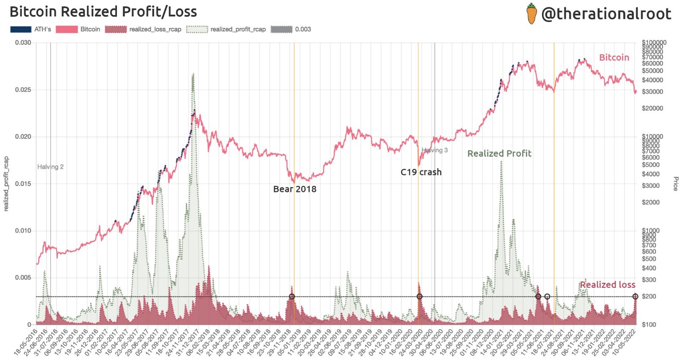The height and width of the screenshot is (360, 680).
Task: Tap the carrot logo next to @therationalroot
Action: coord(531,14)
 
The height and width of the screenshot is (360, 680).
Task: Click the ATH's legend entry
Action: coord(27,29)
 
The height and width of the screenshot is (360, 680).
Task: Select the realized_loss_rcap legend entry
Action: coord(143,29)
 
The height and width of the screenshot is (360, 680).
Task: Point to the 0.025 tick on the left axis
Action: coord(22,90)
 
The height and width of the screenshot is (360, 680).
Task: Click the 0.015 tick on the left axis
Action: coord(22,184)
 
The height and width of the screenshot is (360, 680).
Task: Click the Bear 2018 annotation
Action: coord(295,189)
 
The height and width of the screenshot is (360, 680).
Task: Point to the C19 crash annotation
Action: coord(421,172)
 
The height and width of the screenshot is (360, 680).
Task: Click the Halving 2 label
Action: coord(50,167)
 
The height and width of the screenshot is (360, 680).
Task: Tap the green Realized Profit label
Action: coord(499,154)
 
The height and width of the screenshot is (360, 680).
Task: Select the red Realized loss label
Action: coord(607,285)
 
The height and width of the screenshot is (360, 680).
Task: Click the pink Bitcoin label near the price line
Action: coord(614,58)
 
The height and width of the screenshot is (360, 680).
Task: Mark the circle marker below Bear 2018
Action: coord(292,296)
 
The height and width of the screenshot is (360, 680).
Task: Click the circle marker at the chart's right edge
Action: coord(635,296)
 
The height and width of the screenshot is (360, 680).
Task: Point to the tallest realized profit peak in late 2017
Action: coord(193,74)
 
